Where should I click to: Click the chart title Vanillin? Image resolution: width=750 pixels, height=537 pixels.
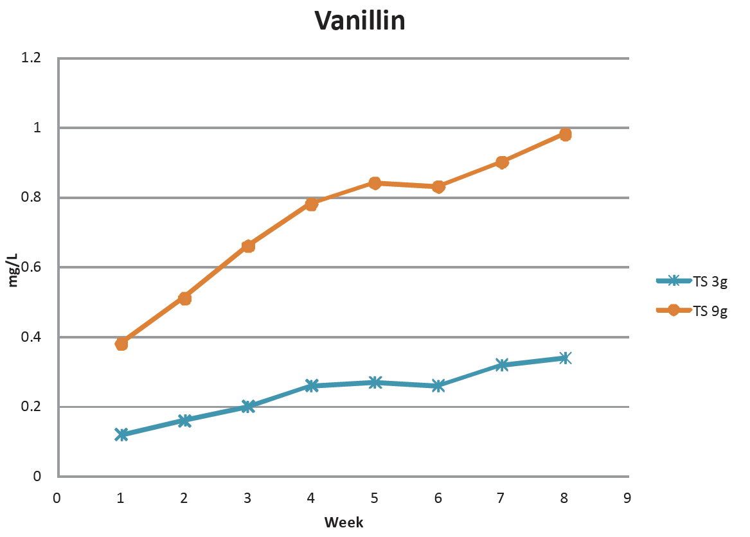[x=360, y=21]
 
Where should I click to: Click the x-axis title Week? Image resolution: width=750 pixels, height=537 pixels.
[x=344, y=522]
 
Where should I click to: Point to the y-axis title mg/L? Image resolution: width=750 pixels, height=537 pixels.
[x=12, y=270]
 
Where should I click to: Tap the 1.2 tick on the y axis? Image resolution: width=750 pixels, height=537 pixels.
[x=31, y=58]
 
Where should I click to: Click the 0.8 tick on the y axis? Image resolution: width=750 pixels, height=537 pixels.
[x=31, y=197]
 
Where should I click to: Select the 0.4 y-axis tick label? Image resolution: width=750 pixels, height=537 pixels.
[x=31, y=337]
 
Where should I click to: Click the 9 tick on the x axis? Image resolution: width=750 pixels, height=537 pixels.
[x=627, y=497]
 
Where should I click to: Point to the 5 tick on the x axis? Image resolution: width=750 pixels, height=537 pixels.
[x=374, y=497]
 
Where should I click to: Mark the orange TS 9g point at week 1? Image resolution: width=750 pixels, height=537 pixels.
[x=121, y=344]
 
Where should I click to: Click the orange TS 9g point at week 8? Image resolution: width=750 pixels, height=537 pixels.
[x=566, y=134]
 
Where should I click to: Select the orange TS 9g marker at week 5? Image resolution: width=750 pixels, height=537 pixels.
[x=375, y=183]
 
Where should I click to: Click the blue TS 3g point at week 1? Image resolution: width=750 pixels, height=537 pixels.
[x=121, y=435]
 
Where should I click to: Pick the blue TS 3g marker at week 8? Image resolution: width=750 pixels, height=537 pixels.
[x=566, y=358]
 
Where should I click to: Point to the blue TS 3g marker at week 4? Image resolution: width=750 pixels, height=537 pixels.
[x=312, y=385]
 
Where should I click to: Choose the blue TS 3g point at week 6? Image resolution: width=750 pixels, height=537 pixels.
[x=438, y=385]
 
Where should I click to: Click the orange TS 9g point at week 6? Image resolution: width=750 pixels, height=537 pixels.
[x=438, y=187]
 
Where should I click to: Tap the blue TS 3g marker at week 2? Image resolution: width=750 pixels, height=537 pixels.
[x=185, y=421]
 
